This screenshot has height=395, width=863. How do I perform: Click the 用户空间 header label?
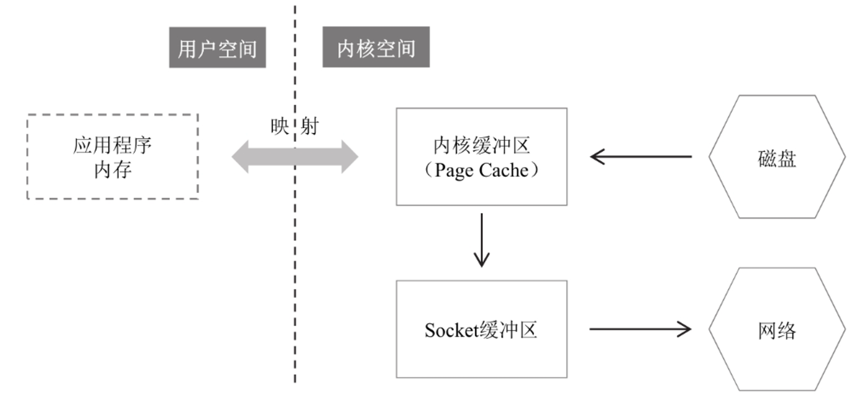(217, 47)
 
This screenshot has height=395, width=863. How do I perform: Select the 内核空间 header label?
(376, 47)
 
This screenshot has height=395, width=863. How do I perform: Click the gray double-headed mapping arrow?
(295, 157)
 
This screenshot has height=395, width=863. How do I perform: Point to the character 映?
(280, 126)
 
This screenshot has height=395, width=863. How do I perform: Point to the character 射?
(310, 126)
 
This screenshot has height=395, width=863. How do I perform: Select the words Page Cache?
(482, 171)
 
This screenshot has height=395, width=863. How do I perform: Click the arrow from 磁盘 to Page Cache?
(641, 157)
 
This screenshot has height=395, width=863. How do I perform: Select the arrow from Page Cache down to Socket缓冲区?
(482, 240)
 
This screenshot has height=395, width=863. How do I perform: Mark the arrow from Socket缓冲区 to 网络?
(640, 329)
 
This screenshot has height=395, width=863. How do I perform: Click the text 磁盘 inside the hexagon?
(777, 159)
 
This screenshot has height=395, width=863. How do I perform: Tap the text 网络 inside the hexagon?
(777, 331)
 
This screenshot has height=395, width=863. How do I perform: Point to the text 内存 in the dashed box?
(113, 170)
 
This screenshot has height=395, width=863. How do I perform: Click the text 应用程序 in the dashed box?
(113, 145)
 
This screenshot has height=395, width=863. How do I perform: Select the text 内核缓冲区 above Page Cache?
(482, 145)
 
